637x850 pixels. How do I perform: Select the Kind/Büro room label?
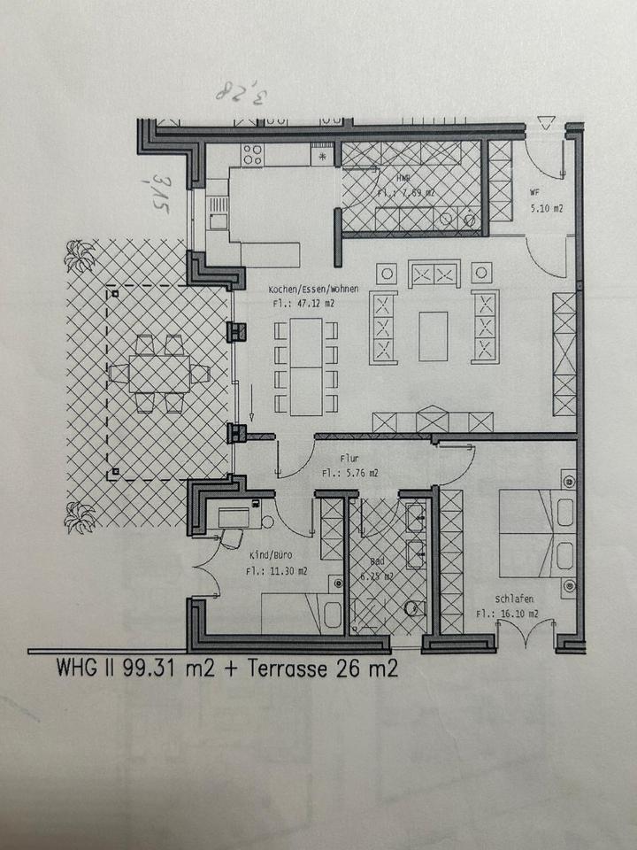[272, 554]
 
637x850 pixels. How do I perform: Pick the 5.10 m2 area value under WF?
[546, 210]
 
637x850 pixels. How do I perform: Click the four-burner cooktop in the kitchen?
[252, 153]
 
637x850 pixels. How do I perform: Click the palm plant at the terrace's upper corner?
[81, 257]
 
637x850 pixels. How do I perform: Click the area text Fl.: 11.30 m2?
[277, 571]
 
